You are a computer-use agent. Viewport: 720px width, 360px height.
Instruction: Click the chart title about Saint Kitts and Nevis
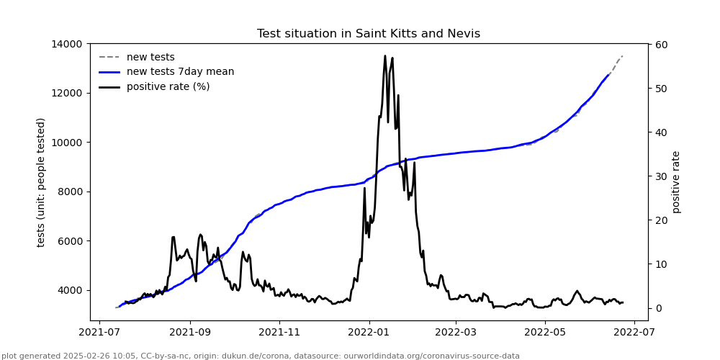coord(368,34)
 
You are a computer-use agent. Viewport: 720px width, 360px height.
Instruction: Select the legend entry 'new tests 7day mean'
coord(180,72)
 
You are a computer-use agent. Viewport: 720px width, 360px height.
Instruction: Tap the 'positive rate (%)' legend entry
coord(168,87)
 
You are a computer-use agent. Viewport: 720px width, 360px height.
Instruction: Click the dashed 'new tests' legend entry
coord(150,58)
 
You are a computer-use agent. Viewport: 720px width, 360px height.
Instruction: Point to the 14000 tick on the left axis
coord(66,44)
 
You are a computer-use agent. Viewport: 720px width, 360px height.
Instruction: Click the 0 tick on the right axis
coord(657,308)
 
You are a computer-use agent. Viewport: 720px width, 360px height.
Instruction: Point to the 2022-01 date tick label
coord(368,333)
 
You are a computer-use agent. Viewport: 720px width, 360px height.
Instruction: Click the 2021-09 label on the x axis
coord(190,333)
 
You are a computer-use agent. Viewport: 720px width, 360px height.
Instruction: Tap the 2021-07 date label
coord(101,333)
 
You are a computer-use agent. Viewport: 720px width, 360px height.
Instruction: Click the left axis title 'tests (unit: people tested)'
coord(42,182)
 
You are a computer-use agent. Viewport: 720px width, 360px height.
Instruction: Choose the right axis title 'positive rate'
coord(676,182)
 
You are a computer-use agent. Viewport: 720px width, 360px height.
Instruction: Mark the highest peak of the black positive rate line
coord(385,56)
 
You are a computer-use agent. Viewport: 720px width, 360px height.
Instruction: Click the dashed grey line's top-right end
coord(622,55)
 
